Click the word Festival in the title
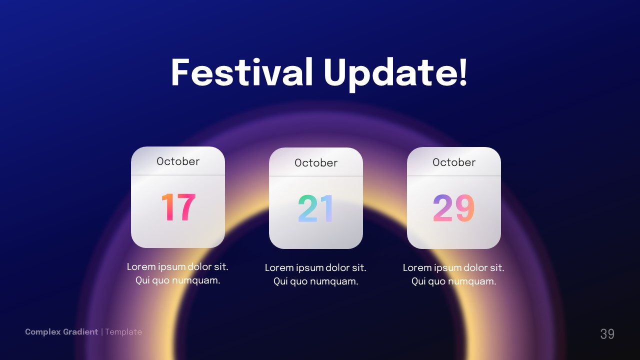(241, 72)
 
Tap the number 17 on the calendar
(178, 207)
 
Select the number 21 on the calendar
(315, 209)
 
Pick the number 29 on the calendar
(453, 208)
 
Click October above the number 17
(178, 161)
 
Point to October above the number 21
(316, 162)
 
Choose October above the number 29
(454, 162)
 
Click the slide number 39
(607, 334)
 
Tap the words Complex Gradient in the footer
(61, 332)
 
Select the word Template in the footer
(123, 332)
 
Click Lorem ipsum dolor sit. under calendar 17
(177, 266)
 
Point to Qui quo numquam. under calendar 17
(177, 280)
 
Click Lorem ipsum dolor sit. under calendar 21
(315, 267)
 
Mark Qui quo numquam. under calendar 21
(315, 281)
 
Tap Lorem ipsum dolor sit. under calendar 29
(453, 267)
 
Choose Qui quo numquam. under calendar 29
(453, 281)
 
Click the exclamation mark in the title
(462, 72)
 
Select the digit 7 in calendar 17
(186, 207)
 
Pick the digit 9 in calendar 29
(464, 208)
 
